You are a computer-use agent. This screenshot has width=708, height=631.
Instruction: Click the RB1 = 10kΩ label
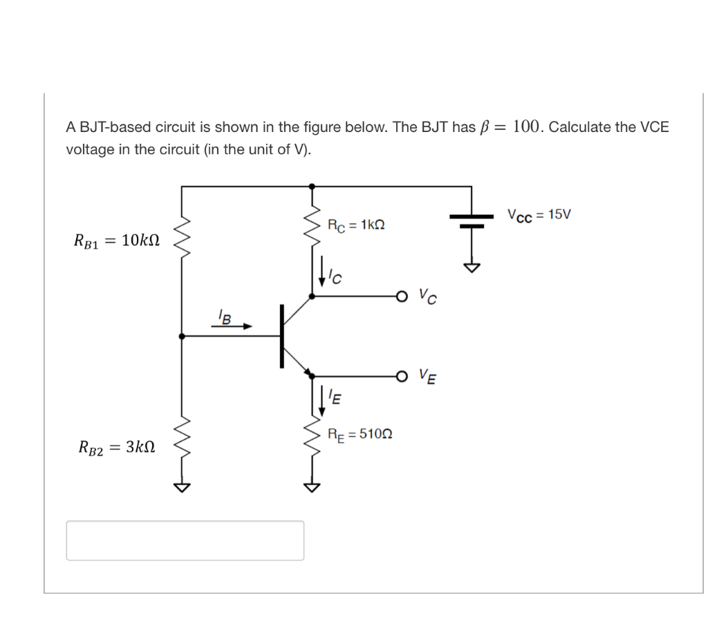pyautogui.click(x=117, y=241)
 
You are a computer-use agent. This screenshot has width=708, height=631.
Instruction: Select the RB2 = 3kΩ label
pyautogui.click(x=117, y=447)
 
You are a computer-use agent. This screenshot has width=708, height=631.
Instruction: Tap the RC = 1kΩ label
pyautogui.click(x=355, y=225)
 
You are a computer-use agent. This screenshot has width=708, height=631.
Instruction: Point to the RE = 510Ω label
pyautogui.click(x=360, y=434)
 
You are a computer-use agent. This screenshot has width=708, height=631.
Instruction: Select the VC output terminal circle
pyautogui.click(x=402, y=296)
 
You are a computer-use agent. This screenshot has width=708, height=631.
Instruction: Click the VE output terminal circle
pyautogui.click(x=402, y=376)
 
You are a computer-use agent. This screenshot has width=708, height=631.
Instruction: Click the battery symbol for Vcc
pyautogui.click(x=472, y=220)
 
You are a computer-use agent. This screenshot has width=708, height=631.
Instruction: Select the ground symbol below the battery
pyautogui.click(x=472, y=267)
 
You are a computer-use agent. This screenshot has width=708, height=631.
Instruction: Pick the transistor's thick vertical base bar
pyautogui.click(x=282, y=336)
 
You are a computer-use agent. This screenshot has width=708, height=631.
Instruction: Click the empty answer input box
pyautogui.click(x=185, y=540)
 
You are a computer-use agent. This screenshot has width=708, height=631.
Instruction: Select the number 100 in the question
pyautogui.click(x=526, y=126)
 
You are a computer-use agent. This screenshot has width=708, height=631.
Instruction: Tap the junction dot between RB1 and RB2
pyautogui.click(x=182, y=336)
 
